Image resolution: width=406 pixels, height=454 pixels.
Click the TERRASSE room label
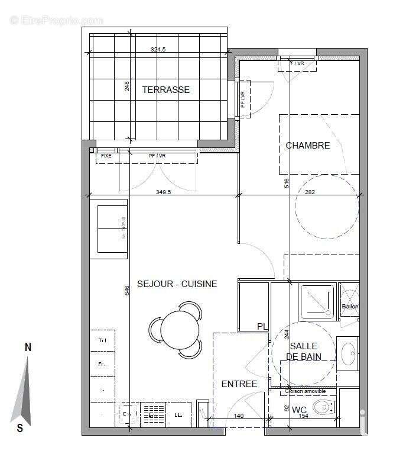pyautogui.click(x=165, y=90)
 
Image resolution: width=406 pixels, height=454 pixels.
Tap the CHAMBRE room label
pyautogui.click(x=307, y=145)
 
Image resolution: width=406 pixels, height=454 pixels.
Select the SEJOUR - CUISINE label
pyautogui.click(x=177, y=284)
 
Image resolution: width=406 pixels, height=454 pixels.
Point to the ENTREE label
pyautogui.click(x=239, y=384)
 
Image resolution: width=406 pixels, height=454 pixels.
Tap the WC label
pyautogui.click(x=299, y=410)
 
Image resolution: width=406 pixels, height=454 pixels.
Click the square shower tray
pyautogui.click(x=317, y=301)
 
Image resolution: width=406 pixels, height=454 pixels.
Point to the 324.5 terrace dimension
pyautogui.click(x=158, y=50)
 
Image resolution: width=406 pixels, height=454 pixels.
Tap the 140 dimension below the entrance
pyautogui.click(x=239, y=417)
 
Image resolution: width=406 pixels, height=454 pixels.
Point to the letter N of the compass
pyautogui.click(x=27, y=347)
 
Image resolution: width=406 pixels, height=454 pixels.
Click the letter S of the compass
pyautogui.click(x=20, y=428)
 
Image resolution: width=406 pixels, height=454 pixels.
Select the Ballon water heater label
pyautogui.click(x=349, y=307)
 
